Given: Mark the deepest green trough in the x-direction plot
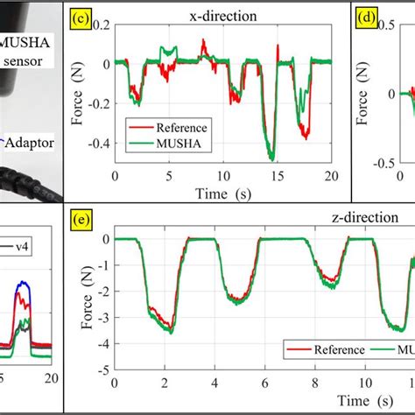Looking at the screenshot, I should coord(271,158).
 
